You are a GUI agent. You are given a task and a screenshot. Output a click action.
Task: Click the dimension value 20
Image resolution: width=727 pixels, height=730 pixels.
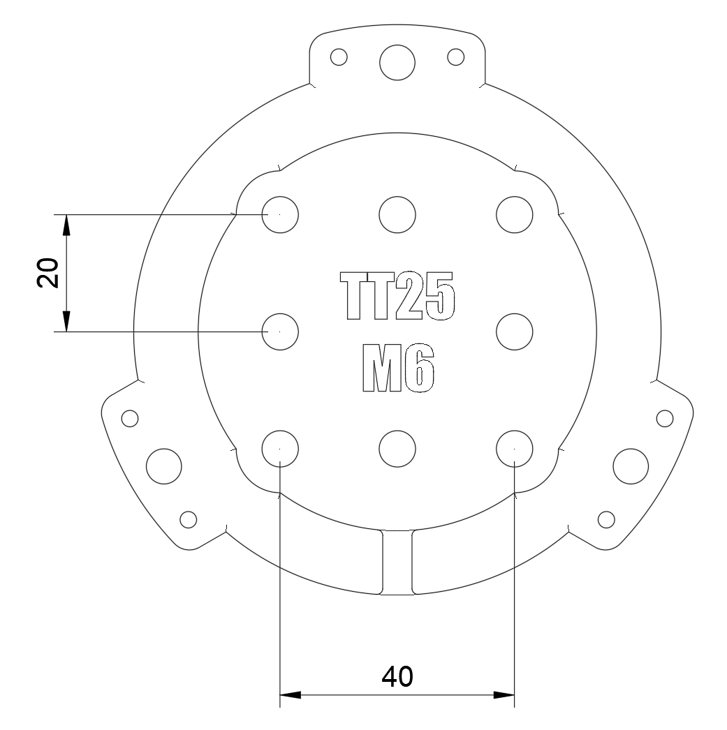tap(47, 272)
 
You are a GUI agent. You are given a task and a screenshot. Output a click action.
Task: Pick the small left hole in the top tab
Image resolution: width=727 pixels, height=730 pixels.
tap(339, 56)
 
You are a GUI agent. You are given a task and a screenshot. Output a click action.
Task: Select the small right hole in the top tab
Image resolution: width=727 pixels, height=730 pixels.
tap(456, 56)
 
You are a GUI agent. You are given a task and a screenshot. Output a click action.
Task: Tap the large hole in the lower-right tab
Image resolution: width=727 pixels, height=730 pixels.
tap(630, 463)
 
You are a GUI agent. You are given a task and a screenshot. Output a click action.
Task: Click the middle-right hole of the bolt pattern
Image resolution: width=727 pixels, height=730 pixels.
tap(514, 330)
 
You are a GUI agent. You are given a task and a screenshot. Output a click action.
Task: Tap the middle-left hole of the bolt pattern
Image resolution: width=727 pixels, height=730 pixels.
tap(279, 330)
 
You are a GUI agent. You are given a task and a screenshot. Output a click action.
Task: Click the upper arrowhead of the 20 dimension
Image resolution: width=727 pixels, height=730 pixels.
tap(66, 224)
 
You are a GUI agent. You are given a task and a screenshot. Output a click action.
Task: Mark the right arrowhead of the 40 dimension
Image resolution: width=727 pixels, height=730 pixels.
tap(504, 694)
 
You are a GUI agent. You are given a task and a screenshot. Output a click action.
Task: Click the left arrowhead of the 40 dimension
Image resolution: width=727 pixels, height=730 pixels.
tap(290, 694)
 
